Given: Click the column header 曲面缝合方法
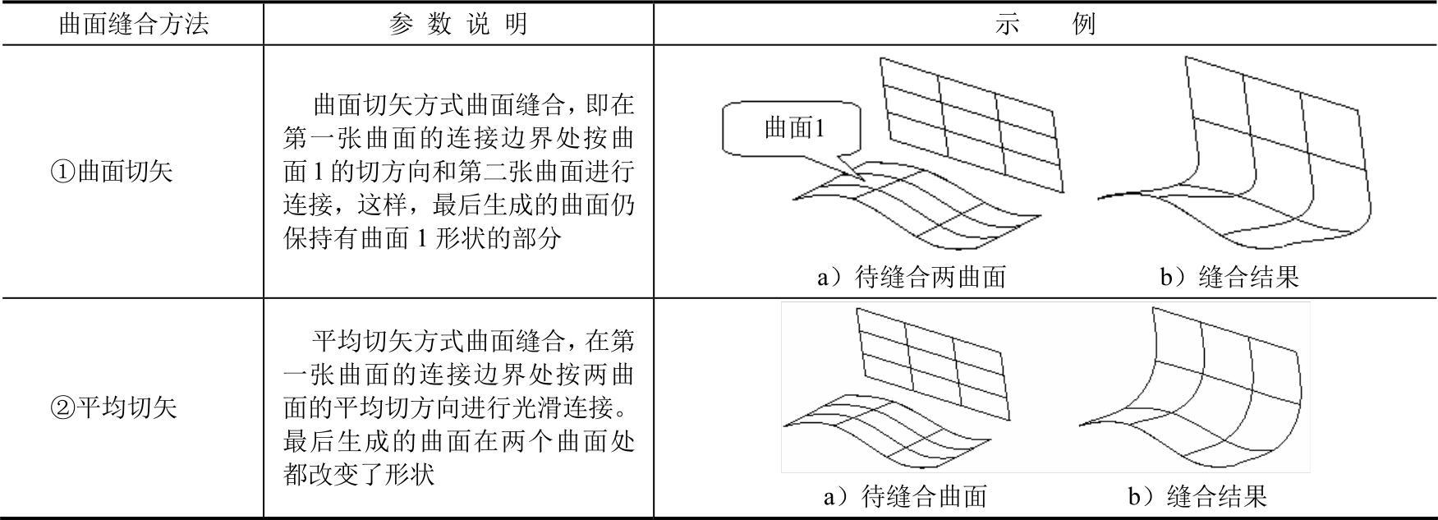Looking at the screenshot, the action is click(133, 24).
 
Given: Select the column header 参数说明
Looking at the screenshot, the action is click(458, 24).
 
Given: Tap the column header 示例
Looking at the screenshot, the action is click(1045, 24).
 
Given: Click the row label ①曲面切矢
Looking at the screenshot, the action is click(112, 172).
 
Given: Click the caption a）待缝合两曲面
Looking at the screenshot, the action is click(911, 277).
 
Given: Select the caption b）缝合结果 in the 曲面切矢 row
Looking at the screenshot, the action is click(1229, 277).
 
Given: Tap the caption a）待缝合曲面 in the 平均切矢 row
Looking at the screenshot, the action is click(905, 495).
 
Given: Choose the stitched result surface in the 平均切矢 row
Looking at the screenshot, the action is click(1191, 386).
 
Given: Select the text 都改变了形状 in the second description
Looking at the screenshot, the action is click(359, 475).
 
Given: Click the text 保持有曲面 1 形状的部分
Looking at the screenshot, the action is click(423, 238).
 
